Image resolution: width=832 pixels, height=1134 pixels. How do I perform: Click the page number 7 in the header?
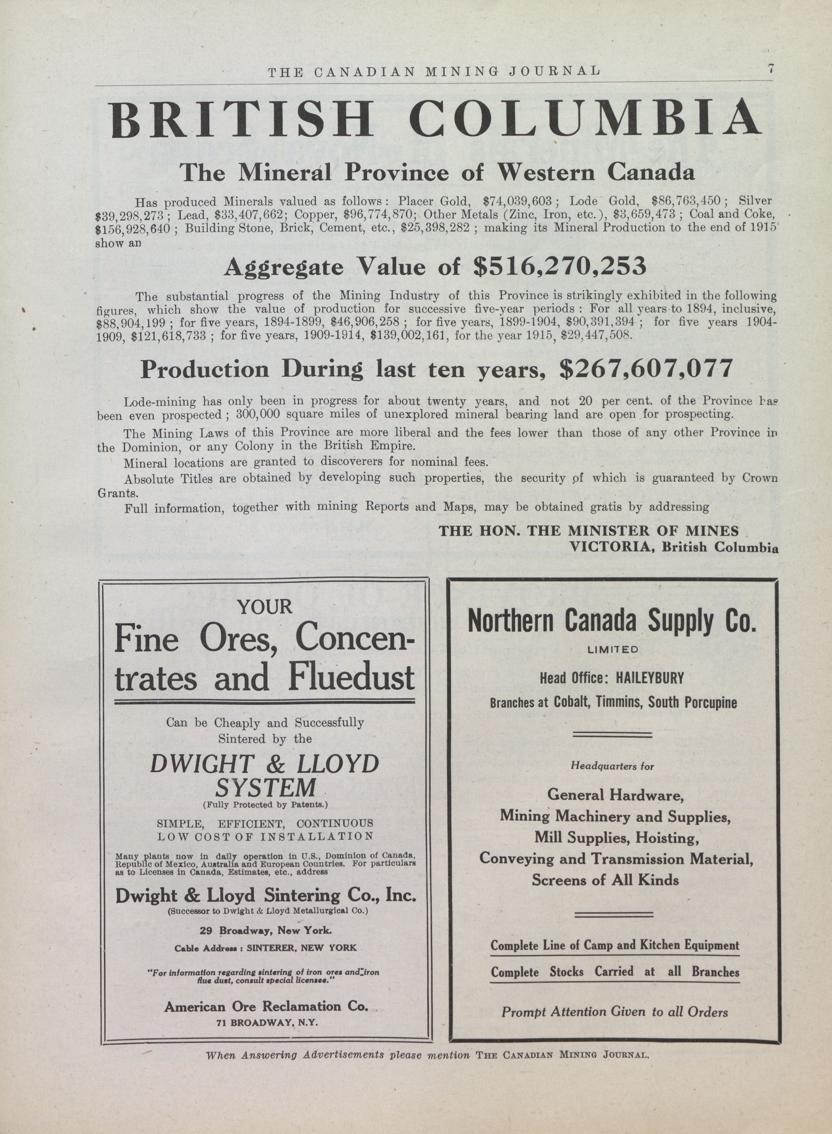(x=770, y=69)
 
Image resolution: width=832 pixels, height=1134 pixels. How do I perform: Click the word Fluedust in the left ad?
(x=351, y=678)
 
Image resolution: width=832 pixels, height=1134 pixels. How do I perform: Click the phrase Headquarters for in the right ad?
(x=612, y=766)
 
